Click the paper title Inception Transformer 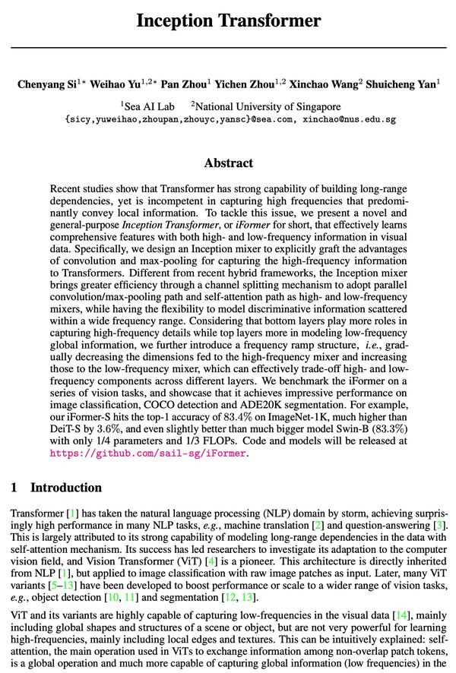point(228,21)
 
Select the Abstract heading point(228,163)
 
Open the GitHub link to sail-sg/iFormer point(148,453)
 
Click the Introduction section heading point(65,488)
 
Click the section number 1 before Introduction point(15,488)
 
